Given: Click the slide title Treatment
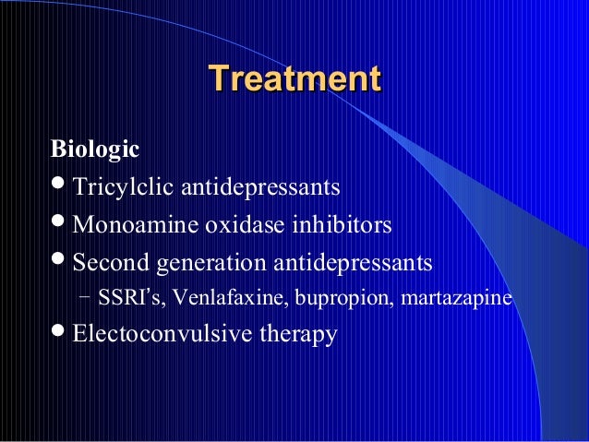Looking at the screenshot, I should tap(294, 78).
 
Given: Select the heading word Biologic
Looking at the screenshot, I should tap(95, 148).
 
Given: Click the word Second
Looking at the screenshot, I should tap(108, 263).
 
